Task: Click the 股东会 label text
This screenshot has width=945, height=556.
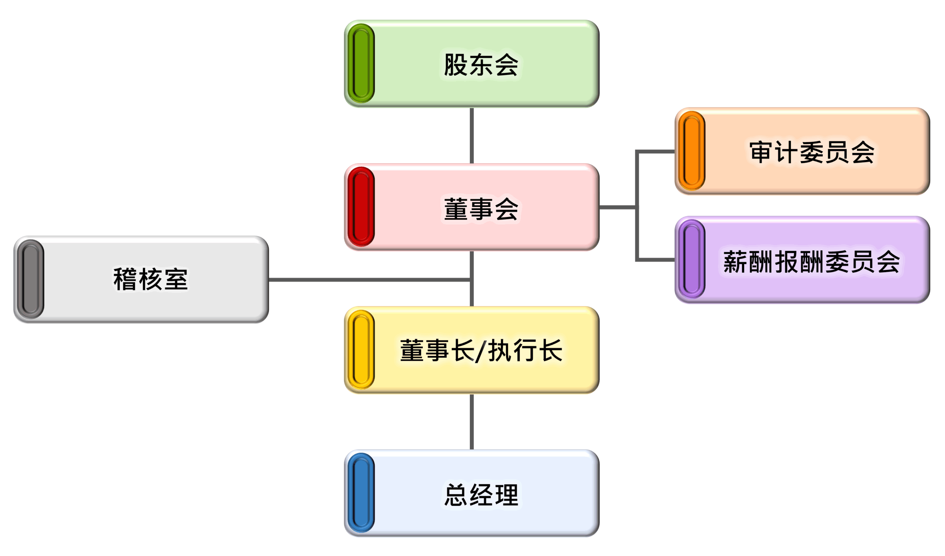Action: click(x=481, y=65)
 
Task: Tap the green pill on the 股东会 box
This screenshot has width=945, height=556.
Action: click(x=361, y=63)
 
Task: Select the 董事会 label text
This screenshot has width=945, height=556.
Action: click(x=481, y=209)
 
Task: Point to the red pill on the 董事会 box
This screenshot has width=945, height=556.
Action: click(x=361, y=207)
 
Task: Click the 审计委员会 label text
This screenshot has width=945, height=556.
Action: click(x=811, y=152)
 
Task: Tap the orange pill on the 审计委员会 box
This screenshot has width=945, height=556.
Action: click(x=692, y=150)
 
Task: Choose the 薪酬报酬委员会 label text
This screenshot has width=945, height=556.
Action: click(x=811, y=261)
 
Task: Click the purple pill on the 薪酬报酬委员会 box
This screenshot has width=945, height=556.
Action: click(x=692, y=259)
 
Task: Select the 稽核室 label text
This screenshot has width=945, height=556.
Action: click(x=150, y=279)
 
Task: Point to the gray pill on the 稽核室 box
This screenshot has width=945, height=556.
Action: click(x=30, y=279)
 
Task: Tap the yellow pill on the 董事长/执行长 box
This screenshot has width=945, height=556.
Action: click(x=361, y=350)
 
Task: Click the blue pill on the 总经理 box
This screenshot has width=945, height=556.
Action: click(x=361, y=492)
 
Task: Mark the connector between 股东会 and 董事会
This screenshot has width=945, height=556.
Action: click(x=471, y=135)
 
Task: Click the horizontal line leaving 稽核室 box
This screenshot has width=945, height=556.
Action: click(x=370, y=279)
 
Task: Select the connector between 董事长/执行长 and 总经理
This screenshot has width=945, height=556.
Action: click(x=471, y=422)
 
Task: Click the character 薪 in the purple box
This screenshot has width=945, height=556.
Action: click(x=735, y=261)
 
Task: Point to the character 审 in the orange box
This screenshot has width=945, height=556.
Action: click(x=761, y=152)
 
